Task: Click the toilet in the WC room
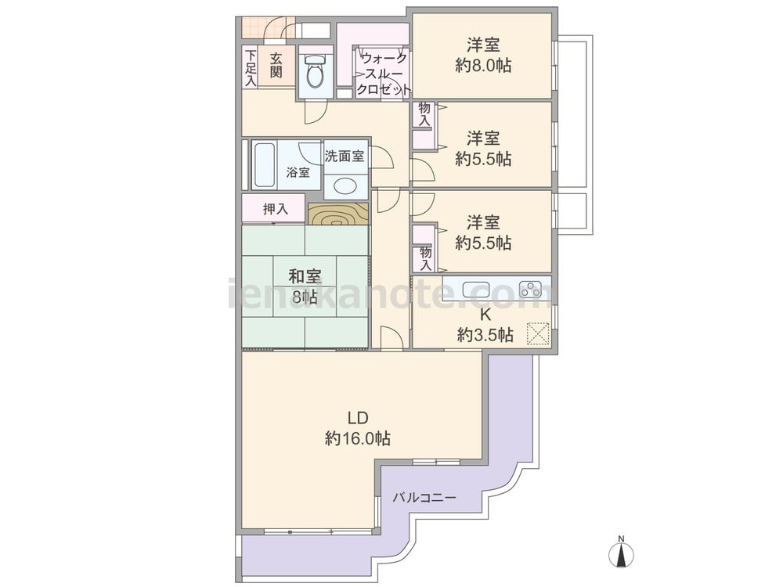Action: coord(315,71)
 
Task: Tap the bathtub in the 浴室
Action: coord(264,166)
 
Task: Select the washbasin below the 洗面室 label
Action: coord(345,187)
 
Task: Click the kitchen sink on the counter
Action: coord(476,290)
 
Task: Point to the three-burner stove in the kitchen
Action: coord(530,290)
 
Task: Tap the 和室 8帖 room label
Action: coord(305,286)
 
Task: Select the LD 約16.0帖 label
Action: coord(358,428)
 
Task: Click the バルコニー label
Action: coord(424,498)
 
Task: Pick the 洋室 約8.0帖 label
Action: coord(483,55)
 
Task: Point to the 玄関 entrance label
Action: coord(276,66)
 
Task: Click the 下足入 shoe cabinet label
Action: coord(251,67)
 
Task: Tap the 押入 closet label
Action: coord(275,209)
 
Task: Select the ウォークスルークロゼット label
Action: coord(383,74)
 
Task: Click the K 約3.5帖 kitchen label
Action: coord(485,325)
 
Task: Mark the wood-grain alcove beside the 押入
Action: coord(338,214)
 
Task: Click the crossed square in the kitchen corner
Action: coord(538,333)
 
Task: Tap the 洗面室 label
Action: coord(345,157)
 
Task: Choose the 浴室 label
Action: coord(298,173)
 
